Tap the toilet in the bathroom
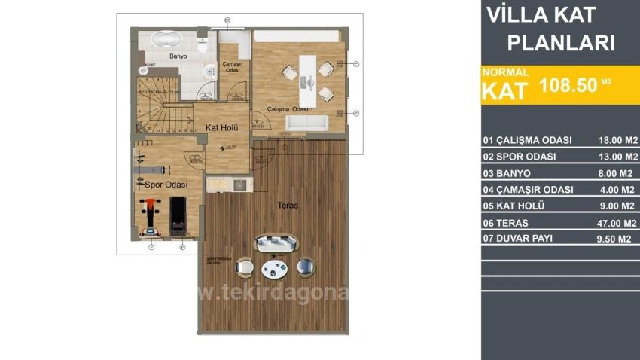(201, 46)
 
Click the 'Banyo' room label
(178, 56)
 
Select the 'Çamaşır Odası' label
(230, 67)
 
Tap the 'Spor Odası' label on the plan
(161, 184)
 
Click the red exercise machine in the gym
(150, 212)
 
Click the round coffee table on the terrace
(274, 269)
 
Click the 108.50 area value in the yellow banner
(567, 87)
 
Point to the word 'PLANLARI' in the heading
(561, 43)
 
